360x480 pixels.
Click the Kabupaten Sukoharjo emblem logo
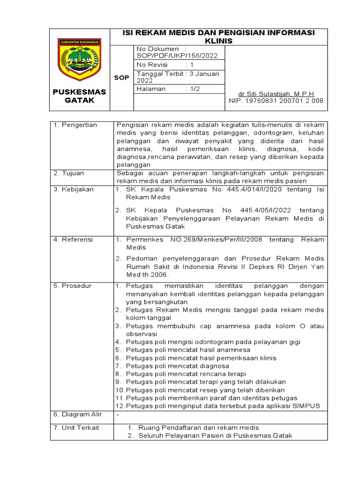79,60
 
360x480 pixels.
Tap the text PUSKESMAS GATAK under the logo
79,96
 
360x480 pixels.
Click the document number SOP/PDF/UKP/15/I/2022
177,56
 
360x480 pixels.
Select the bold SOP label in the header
121,77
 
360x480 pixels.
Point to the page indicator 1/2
193,89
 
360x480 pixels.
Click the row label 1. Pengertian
75,125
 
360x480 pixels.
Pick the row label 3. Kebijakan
74,189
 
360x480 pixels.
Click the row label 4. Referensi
73,240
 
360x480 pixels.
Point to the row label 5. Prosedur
72,285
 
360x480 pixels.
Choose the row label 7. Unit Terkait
76,427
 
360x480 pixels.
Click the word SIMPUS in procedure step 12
307,406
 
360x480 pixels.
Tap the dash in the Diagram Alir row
118,414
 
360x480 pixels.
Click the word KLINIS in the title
218,41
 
